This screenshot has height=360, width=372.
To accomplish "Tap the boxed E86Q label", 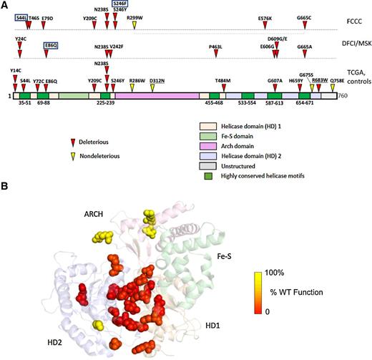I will pyautogui.click(x=51, y=44).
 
